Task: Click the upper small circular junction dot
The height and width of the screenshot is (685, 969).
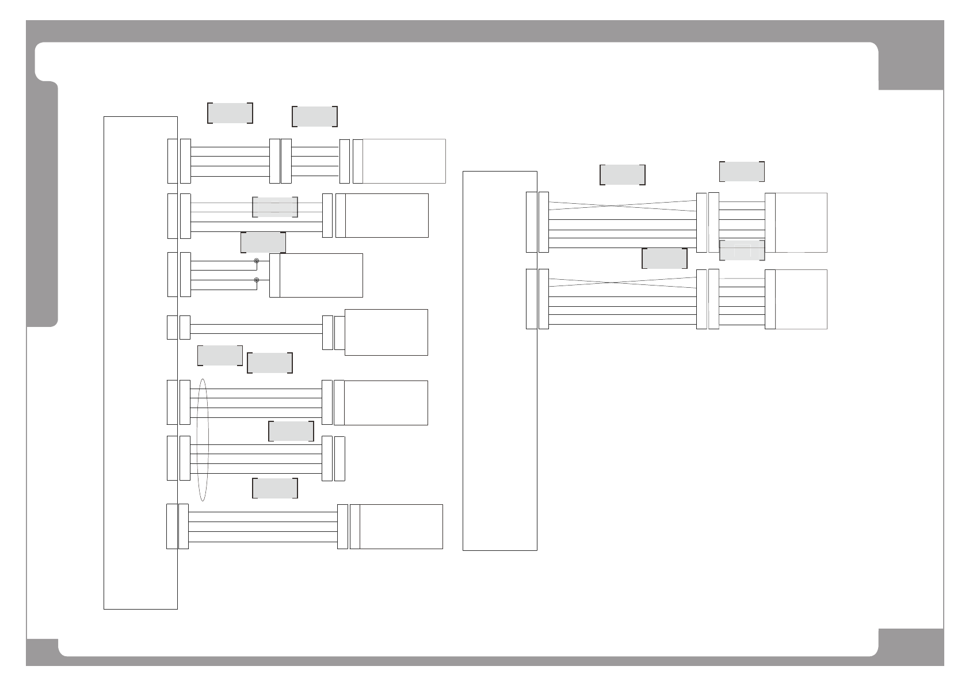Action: pyautogui.click(x=256, y=261)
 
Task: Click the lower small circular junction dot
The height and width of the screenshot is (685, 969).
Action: pyautogui.click(x=256, y=280)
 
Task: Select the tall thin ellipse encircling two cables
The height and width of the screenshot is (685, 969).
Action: pyautogui.click(x=202, y=440)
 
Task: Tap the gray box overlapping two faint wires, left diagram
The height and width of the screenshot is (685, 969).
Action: pyautogui.click(x=275, y=207)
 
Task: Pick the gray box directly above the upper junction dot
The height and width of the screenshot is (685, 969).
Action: pyautogui.click(x=263, y=243)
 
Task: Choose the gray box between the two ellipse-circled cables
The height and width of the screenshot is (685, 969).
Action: pyautogui.click(x=291, y=431)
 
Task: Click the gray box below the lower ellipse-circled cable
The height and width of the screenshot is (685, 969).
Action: pyautogui.click(x=275, y=488)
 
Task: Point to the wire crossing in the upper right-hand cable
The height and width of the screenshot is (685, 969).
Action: pyautogui.click(x=623, y=205)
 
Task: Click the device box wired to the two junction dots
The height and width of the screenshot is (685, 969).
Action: pyautogui.click(x=321, y=275)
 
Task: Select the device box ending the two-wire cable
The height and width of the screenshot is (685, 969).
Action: pyautogui.click(x=386, y=332)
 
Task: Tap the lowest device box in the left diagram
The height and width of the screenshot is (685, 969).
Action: pyautogui.click(x=401, y=527)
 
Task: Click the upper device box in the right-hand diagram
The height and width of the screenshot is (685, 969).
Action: pyautogui.click(x=801, y=223)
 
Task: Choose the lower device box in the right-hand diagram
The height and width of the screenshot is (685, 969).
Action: pyautogui.click(x=801, y=299)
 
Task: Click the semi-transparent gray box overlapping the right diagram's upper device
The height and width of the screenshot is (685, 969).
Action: pyautogui.click(x=742, y=250)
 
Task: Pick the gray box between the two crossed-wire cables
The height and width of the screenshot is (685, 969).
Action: pyautogui.click(x=664, y=258)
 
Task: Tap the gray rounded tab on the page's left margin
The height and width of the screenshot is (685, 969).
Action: pyautogui.click(x=43, y=204)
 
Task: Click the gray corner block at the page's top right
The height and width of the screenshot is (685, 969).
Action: pyautogui.click(x=911, y=58)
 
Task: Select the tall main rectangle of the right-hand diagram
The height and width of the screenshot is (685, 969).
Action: pyautogui.click(x=499, y=360)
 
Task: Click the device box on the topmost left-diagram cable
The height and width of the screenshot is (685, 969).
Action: pyautogui.click(x=404, y=161)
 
